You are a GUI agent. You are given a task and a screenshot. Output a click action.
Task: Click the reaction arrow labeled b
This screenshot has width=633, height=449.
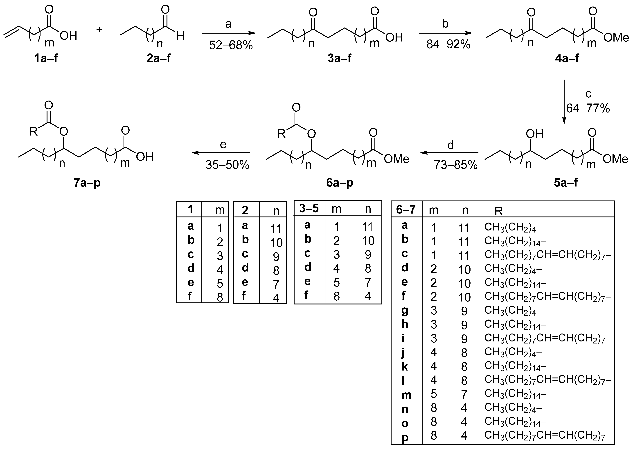(x=445, y=33)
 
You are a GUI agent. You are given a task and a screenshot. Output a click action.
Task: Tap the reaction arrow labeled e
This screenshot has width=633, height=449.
(x=221, y=153)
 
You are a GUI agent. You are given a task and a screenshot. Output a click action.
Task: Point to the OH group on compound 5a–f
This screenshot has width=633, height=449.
(x=534, y=134)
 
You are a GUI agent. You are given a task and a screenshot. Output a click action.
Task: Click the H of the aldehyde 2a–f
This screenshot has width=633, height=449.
(x=180, y=36)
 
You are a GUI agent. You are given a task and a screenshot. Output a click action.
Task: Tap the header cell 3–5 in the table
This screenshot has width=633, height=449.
(x=309, y=209)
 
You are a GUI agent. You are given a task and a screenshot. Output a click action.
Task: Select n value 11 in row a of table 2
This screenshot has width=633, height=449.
(x=275, y=229)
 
